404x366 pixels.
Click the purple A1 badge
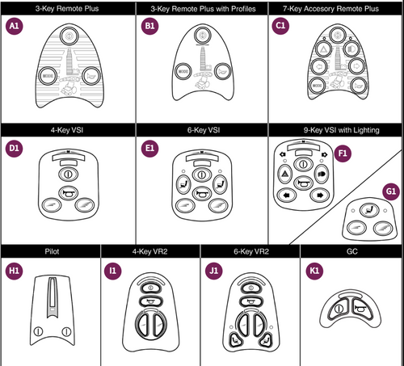pyautogui.click(x=14, y=26)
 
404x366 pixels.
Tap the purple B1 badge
pyautogui.click(x=148, y=26)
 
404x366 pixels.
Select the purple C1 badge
pyautogui.click(x=281, y=26)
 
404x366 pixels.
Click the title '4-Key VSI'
pyautogui.click(x=67, y=129)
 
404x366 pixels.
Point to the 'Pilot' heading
pyautogui.click(x=50, y=250)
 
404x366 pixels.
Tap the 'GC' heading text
pyautogui.click(x=351, y=250)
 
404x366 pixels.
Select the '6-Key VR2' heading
pyautogui.click(x=250, y=250)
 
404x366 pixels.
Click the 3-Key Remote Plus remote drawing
pyautogui.click(x=67, y=68)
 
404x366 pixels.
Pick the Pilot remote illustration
pyautogui.click(x=50, y=308)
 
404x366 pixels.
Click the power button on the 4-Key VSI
pyautogui.click(x=68, y=172)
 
